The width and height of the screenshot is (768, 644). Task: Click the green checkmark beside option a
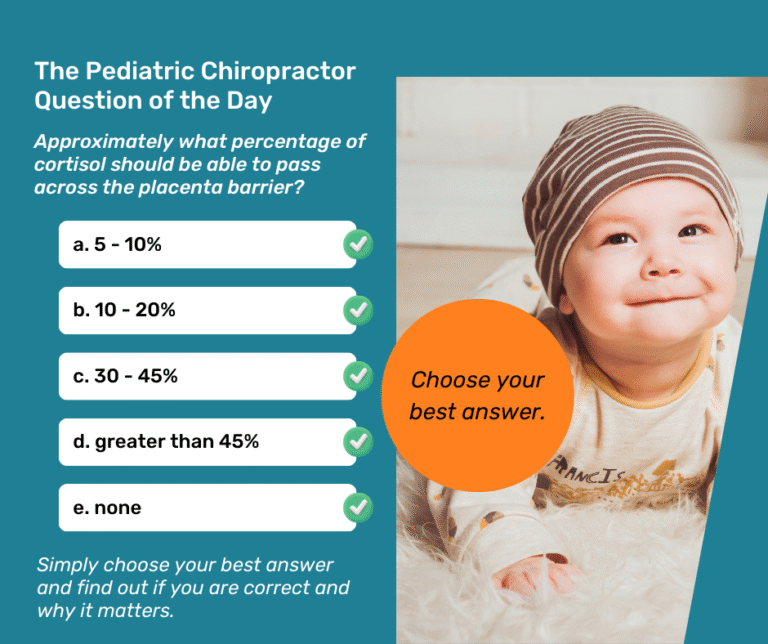click(357, 245)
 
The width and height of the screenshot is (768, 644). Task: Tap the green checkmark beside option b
click(357, 311)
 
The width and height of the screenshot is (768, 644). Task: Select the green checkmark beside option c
click(357, 376)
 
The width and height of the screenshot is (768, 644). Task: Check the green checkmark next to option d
click(357, 442)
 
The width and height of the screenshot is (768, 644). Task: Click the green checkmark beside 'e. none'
click(357, 508)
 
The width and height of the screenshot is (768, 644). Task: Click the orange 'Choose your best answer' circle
click(477, 394)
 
